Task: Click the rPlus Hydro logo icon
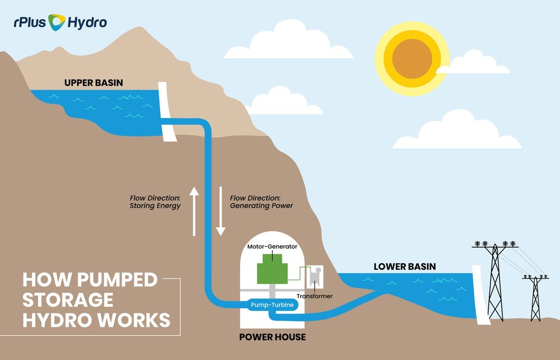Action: [x=57, y=22]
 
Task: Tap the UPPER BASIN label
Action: [x=94, y=83]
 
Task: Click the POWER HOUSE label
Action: [x=272, y=337]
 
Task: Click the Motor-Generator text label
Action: [x=272, y=245]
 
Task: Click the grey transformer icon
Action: [x=315, y=276]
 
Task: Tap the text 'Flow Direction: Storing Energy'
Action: [x=155, y=202]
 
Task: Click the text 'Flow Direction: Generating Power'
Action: [x=261, y=202]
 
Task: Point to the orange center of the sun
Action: [x=413, y=58]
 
